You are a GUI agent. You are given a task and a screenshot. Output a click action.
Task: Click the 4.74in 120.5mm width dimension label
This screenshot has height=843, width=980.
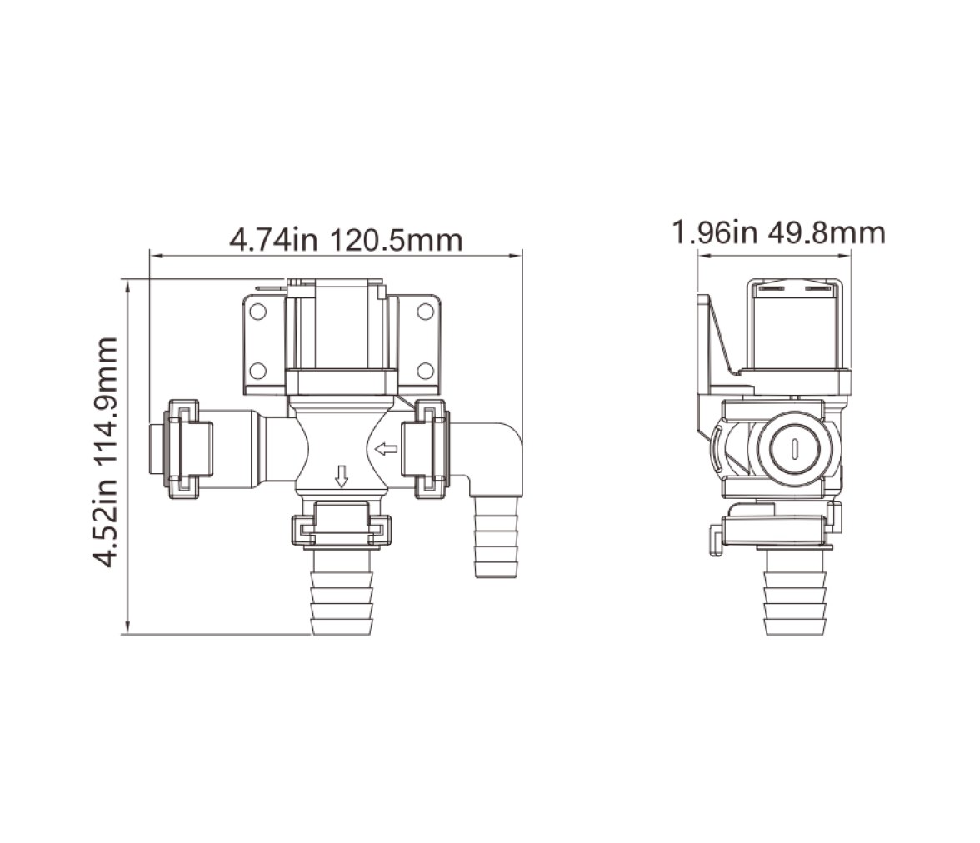coord(346,240)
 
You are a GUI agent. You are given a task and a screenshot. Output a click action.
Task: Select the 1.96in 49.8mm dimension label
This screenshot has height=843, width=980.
coord(778,232)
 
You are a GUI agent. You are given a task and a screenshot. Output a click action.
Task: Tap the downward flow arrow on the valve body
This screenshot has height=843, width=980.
coord(342,476)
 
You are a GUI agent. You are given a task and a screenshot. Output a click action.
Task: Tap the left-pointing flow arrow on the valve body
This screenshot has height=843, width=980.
coord(387,448)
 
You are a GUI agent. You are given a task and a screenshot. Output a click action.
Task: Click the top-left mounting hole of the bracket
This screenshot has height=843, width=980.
coord(258,312)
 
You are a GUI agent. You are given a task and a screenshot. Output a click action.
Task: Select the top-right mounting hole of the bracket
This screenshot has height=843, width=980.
coord(426,312)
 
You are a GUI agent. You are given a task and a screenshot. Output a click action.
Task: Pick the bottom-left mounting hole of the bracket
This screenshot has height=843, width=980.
coord(258,371)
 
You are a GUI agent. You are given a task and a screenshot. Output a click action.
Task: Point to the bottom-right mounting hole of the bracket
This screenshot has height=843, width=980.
coord(426,371)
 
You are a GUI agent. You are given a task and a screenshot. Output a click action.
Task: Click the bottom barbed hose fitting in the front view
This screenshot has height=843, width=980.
coord(342,592)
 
